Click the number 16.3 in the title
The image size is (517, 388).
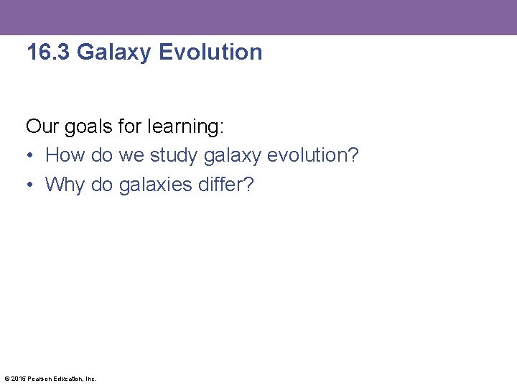click(x=48, y=52)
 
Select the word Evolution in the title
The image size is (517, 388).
click(x=210, y=52)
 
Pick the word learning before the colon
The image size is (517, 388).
click(x=185, y=128)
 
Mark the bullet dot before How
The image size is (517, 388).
click(x=30, y=156)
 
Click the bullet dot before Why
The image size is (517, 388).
click(x=30, y=185)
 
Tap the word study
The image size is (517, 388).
click(x=174, y=156)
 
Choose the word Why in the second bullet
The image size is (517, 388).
click(x=65, y=185)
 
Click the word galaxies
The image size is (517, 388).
click(x=155, y=185)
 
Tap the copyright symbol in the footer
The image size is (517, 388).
click(x=6, y=379)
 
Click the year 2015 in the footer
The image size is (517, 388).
click(x=17, y=379)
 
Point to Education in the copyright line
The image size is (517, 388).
click(x=67, y=379)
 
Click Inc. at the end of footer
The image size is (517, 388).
click(x=90, y=379)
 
